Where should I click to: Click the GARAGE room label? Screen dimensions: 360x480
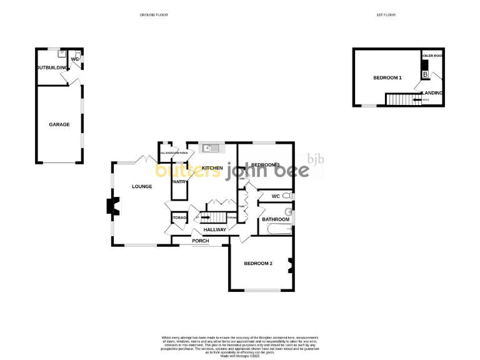(59, 124)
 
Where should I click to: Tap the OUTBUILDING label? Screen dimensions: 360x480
(50, 67)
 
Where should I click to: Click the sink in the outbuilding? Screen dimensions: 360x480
(61, 54)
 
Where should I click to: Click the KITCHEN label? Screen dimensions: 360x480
(212, 168)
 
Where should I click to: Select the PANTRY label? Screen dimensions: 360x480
(180, 182)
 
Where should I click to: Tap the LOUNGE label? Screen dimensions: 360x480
(142, 186)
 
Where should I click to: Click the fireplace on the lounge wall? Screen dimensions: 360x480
(112, 207)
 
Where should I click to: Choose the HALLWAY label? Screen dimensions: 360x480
(214, 229)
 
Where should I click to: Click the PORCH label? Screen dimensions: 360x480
(201, 241)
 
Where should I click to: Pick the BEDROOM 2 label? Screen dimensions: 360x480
(258, 263)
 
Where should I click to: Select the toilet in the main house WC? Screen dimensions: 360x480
(287, 196)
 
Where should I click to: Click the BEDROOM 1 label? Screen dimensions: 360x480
(387, 77)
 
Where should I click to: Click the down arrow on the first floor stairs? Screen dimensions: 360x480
(417, 99)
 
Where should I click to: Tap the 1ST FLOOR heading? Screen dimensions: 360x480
(386, 14)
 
